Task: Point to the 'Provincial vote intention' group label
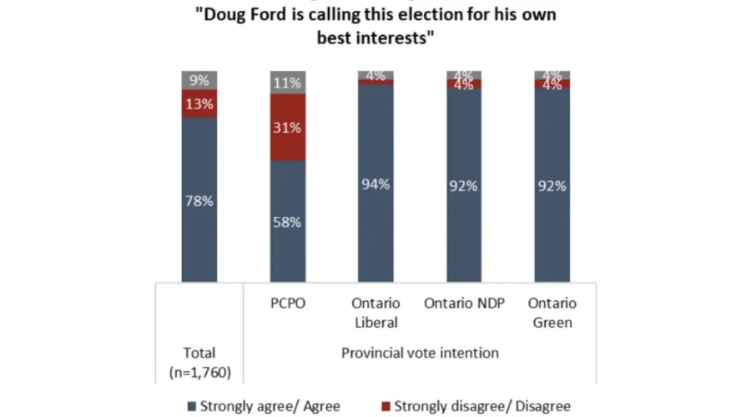(x=421, y=353)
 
